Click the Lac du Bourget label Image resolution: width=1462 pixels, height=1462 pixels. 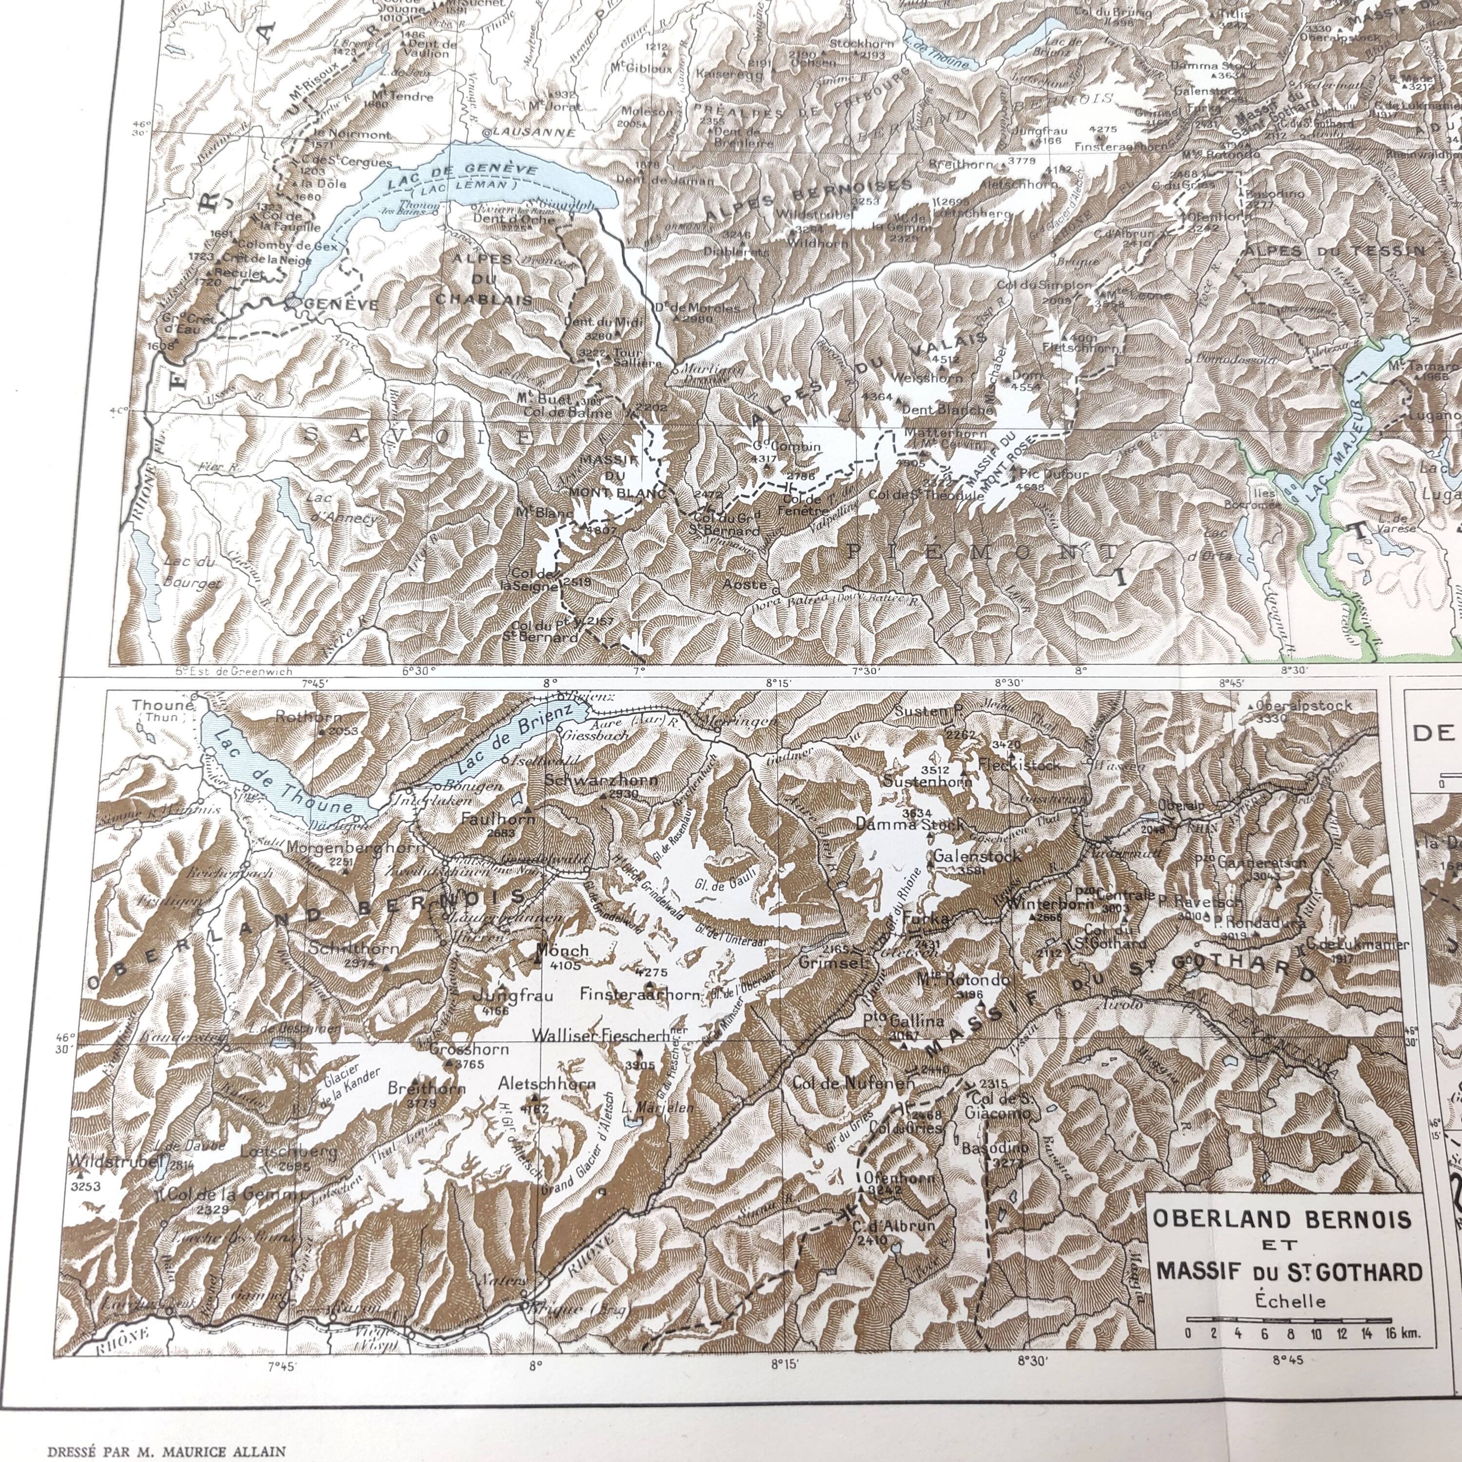189,571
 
